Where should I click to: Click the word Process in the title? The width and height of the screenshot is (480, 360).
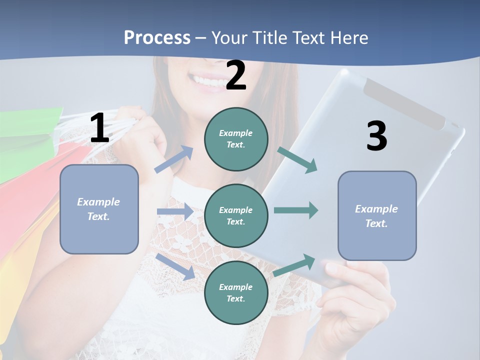(x=157, y=38)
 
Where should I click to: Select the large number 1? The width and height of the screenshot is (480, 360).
(x=99, y=128)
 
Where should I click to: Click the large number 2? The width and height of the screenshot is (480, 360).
(x=236, y=75)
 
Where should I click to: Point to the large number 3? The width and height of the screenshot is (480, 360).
(x=376, y=136)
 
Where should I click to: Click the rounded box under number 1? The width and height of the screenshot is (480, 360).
(x=99, y=209)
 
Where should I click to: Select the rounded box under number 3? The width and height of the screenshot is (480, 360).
(x=377, y=215)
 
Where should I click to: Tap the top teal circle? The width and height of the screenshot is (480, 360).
(x=236, y=138)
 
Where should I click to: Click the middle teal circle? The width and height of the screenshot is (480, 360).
(x=236, y=215)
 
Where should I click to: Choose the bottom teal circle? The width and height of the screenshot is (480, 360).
(x=236, y=292)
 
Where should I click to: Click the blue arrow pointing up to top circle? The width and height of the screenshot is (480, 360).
(x=174, y=159)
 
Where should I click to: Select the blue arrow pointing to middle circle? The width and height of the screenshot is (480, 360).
(x=175, y=211)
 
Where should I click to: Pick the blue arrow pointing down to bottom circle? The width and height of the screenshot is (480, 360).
(x=175, y=266)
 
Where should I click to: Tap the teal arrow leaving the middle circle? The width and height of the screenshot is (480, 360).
(x=296, y=210)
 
